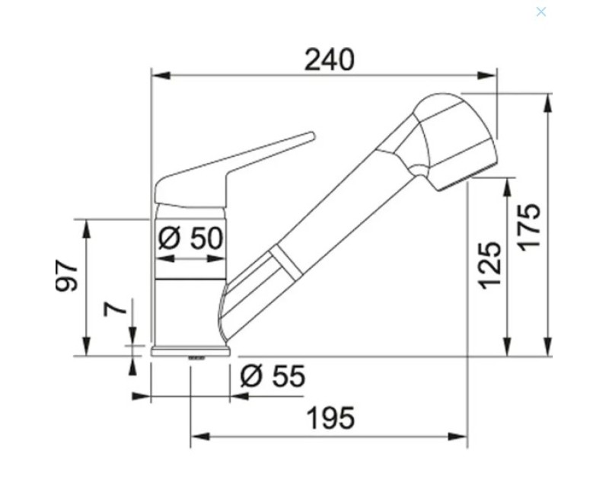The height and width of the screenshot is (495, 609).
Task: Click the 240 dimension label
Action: click(330, 60)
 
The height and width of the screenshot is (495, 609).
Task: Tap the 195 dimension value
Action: click(330, 417)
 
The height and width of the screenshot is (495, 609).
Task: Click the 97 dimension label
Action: click(66, 276)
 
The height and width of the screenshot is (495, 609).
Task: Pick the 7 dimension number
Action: click(116, 309)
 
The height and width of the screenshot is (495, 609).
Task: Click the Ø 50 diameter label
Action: click(191, 238)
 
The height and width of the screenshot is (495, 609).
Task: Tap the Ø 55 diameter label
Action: click(273, 375)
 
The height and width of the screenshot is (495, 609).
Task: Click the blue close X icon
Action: click(541, 12)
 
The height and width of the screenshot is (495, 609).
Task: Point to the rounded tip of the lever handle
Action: click(312, 136)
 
